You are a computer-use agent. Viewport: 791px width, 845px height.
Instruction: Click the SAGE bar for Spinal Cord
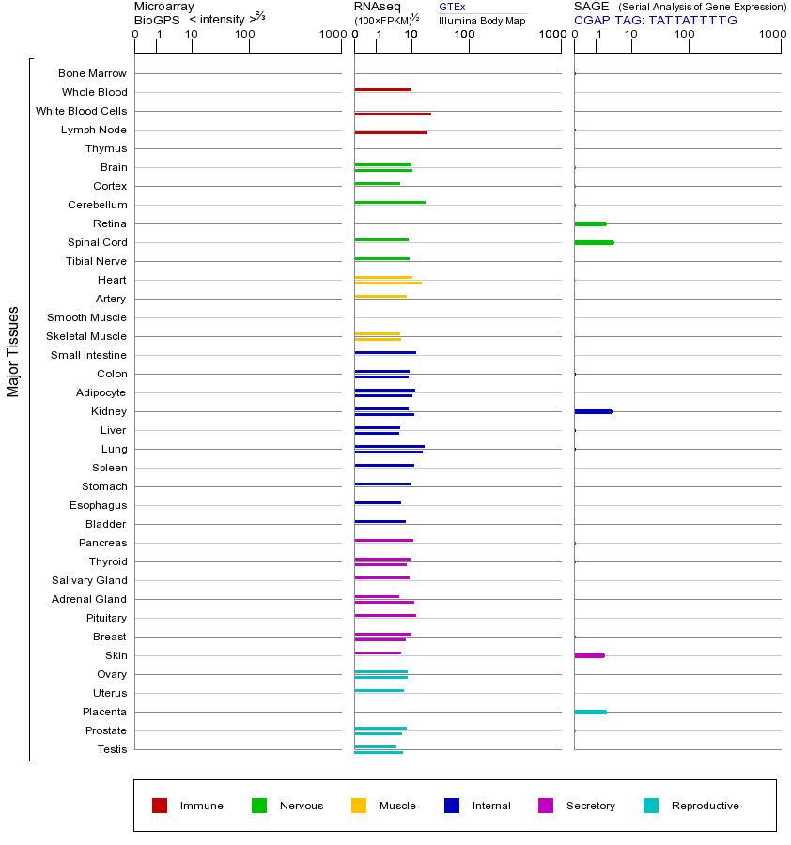pyautogui.click(x=594, y=242)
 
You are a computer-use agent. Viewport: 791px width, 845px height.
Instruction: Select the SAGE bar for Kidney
pyautogui.click(x=593, y=411)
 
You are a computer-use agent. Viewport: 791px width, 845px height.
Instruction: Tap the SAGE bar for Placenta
pyautogui.click(x=590, y=712)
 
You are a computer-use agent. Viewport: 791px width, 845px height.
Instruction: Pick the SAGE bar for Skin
pyautogui.click(x=589, y=655)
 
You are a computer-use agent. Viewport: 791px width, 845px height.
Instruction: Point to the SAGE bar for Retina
pyautogui.click(x=590, y=223)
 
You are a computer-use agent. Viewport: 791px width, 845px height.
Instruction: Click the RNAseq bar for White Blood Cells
pyautogui.click(x=393, y=114)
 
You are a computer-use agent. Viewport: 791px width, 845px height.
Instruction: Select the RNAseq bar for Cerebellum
pyautogui.click(x=390, y=202)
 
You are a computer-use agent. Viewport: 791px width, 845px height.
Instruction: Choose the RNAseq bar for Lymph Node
pyautogui.click(x=391, y=132)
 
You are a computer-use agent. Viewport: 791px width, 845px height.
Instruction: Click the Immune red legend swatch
pyautogui.click(x=160, y=806)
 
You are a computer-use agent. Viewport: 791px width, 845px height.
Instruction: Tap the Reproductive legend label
pyautogui.click(x=705, y=806)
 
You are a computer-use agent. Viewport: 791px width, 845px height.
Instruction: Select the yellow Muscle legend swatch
pyautogui.click(x=359, y=806)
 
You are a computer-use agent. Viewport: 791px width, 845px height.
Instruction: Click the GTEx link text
pyautogui.click(x=452, y=8)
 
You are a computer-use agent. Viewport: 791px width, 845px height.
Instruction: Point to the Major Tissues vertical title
pyautogui.click(x=13, y=351)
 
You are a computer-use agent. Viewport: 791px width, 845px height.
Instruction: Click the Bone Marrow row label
pyautogui.click(x=92, y=73)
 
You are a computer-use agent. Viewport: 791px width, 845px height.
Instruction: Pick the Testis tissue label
pyautogui.click(x=112, y=749)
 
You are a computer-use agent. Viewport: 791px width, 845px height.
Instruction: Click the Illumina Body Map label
pyautogui.click(x=482, y=20)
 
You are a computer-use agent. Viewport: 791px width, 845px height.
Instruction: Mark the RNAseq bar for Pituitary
pyautogui.click(x=385, y=615)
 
